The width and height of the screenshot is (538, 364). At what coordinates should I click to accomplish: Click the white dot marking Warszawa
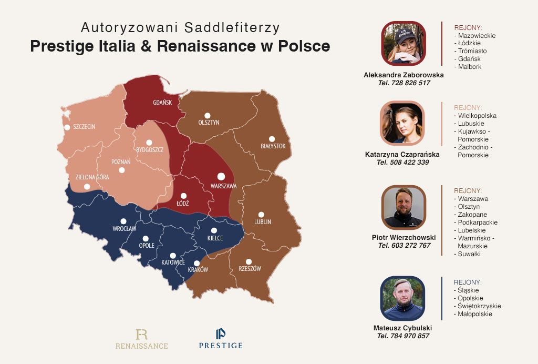[x=221, y=176]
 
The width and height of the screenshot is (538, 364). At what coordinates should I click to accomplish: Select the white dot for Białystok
[x=272, y=139]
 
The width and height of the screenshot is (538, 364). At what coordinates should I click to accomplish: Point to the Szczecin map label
[x=84, y=127]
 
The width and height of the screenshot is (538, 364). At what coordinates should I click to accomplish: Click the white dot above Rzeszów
[x=249, y=261]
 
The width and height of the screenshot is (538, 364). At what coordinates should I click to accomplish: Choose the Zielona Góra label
[x=92, y=177]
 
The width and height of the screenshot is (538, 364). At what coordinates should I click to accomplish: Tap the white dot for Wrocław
[x=123, y=221]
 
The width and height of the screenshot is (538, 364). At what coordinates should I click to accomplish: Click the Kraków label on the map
[x=198, y=270]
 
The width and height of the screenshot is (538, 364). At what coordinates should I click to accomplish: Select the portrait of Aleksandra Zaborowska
[x=403, y=43]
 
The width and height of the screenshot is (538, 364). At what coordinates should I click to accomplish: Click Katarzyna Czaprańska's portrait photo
[x=403, y=123]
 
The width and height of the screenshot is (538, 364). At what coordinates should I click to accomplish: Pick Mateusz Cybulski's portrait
[x=403, y=298]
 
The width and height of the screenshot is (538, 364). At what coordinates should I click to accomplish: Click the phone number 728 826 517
[x=403, y=83]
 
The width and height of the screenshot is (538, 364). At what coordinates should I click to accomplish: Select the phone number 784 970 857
[x=403, y=336]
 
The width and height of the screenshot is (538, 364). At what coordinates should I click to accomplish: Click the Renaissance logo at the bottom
[x=142, y=339]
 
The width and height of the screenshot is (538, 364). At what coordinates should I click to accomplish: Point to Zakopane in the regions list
[x=472, y=215]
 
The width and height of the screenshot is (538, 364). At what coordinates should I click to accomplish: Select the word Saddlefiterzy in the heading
[x=236, y=27]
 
